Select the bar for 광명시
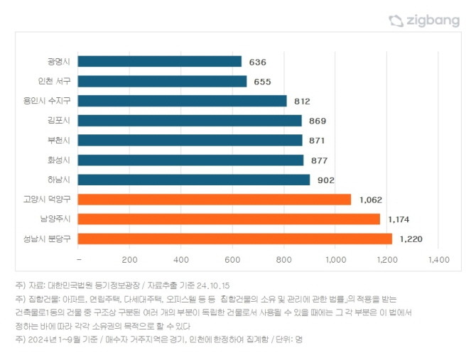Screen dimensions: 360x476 click(x=159, y=62)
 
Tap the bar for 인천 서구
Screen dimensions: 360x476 click(x=162, y=82)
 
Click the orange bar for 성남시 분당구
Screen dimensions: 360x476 click(x=234, y=239)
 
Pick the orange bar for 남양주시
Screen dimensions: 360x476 click(x=229, y=219)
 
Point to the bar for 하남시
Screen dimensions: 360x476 click(x=193, y=180)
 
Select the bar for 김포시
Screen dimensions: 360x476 click(x=189, y=121)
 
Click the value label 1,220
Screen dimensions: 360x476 click(x=411, y=239)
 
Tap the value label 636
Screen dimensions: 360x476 click(x=257, y=62)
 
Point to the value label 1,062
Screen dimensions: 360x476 click(x=371, y=200)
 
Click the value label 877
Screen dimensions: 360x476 click(x=319, y=160)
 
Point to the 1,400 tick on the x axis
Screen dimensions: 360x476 click(x=439, y=260)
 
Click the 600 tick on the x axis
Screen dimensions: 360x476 click(x=232, y=260)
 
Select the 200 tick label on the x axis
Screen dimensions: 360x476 click(x=129, y=260)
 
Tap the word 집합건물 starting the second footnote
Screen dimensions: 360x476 click(x=43, y=298)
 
